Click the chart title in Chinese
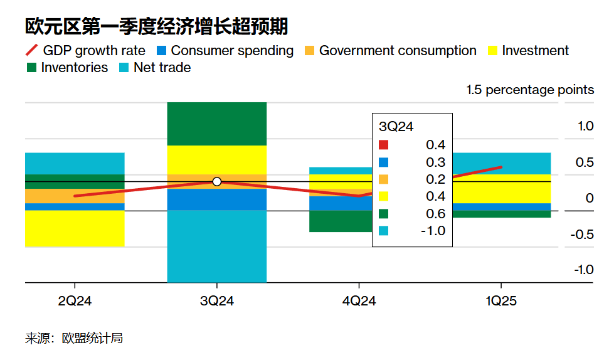[x=157, y=26]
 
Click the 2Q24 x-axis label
[x=75, y=302]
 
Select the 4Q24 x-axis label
[x=359, y=302]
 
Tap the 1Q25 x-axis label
[x=500, y=302]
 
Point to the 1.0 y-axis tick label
[x=585, y=126]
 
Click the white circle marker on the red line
[x=217, y=182]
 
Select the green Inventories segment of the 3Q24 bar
[x=217, y=124]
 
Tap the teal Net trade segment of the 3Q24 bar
[x=217, y=246]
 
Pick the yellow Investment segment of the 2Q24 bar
[x=75, y=228]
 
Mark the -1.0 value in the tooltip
[x=432, y=230]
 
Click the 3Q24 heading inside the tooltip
[x=396, y=126]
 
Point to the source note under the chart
[x=74, y=339]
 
